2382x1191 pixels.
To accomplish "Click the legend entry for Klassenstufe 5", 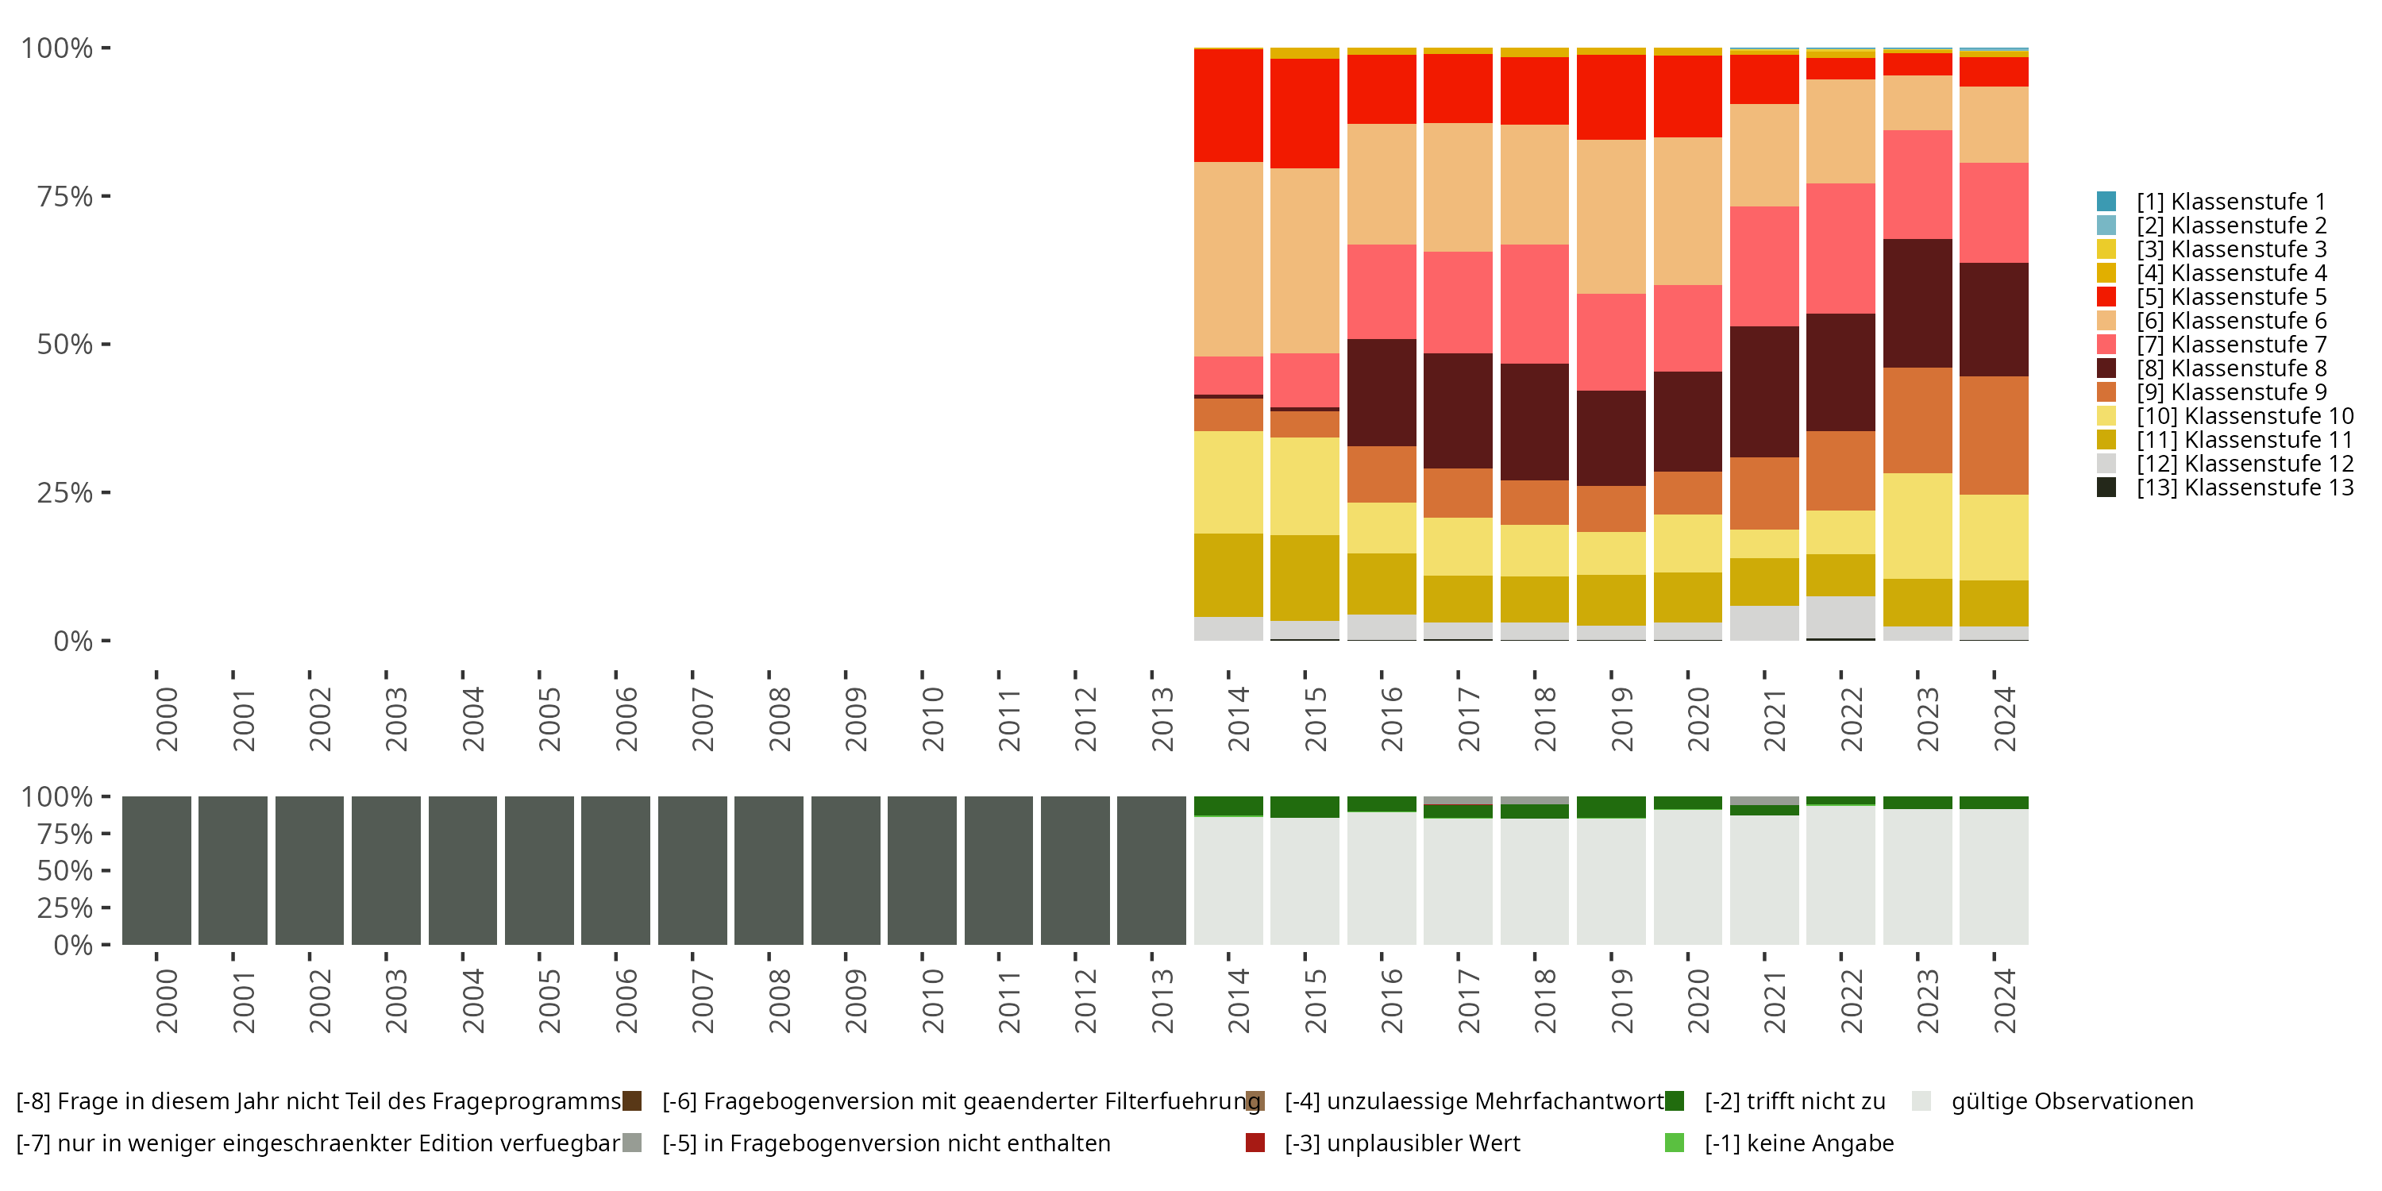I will tap(2230, 297).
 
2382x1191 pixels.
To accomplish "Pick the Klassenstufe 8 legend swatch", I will tap(2106, 368).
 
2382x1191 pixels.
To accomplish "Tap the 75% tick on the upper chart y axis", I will tap(65, 196).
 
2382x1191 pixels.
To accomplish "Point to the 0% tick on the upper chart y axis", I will tap(73, 641).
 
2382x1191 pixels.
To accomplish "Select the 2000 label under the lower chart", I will tap(167, 1000).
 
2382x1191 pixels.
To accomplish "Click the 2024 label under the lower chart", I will tap(2004, 1000).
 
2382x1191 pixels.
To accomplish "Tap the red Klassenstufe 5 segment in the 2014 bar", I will tap(1228, 106).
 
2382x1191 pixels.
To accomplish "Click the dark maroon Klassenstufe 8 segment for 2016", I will tap(1382, 392).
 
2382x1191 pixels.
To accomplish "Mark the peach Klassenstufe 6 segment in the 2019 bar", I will tap(1611, 217).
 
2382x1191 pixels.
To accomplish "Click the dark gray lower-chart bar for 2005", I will tap(539, 870).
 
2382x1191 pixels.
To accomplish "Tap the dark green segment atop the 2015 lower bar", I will tap(1305, 807).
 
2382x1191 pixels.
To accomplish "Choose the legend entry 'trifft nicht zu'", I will tap(1794, 1101).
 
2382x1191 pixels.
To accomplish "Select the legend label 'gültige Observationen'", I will tap(2072, 1101).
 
